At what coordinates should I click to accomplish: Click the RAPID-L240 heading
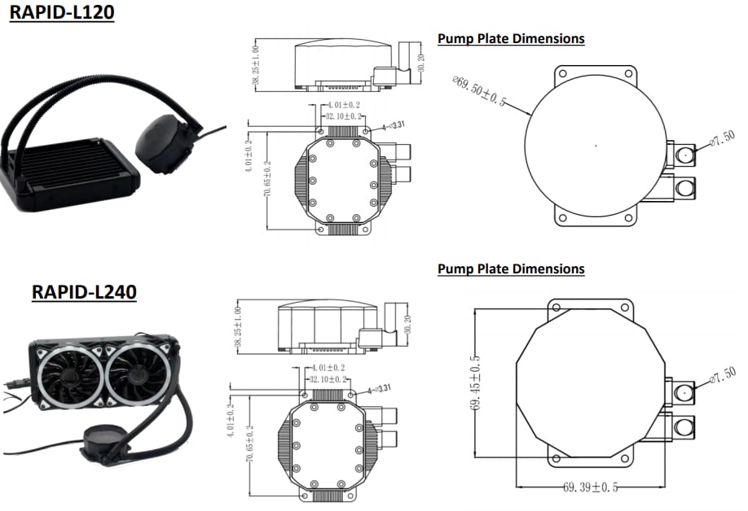pyautogui.click(x=84, y=291)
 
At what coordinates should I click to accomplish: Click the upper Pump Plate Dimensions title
pyautogui.click(x=511, y=38)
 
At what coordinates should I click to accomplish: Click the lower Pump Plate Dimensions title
pyautogui.click(x=511, y=269)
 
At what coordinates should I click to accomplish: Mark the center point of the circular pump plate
pyautogui.click(x=596, y=146)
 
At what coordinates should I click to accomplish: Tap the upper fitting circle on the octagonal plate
pyautogui.click(x=683, y=391)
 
